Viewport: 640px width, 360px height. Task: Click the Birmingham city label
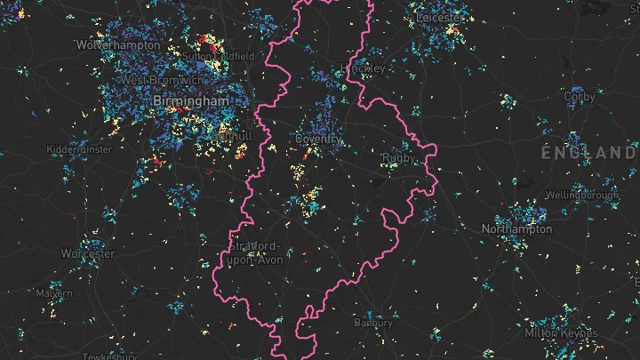click(x=190, y=102)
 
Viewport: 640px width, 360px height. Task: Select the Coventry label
click(x=318, y=140)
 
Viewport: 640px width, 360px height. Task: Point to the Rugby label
click(x=397, y=158)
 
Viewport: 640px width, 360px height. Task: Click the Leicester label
click(x=440, y=18)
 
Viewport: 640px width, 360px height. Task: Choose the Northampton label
click(x=516, y=229)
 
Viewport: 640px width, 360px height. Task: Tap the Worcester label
click(x=88, y=253)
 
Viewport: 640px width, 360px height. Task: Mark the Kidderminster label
click(x=80, y=149)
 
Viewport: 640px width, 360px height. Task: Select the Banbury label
click(x=373, y=322)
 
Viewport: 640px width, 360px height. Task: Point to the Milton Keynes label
click(x=561, y=333)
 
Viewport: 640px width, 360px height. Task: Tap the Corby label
click(x=580, y=96)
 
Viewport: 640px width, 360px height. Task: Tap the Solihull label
click(x=234, y=134)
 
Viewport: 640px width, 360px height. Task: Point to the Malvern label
click(x=55, y=293)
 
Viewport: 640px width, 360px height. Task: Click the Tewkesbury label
click(x=108, y=356)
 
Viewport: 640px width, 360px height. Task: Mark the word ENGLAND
click(x=588, y=153)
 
